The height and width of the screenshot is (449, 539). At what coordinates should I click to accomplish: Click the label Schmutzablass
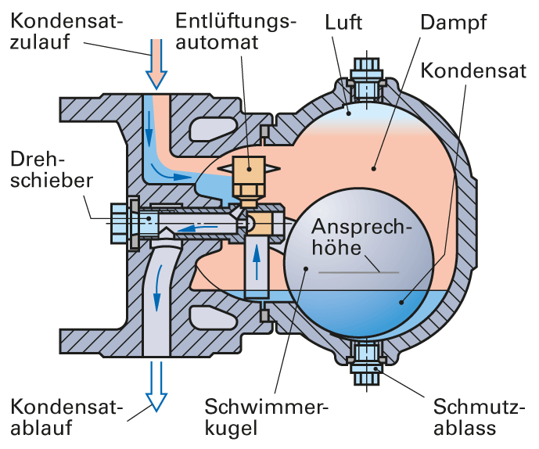(x=474, y=417)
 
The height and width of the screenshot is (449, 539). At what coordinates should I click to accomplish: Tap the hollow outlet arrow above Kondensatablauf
(x=156, y=388)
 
